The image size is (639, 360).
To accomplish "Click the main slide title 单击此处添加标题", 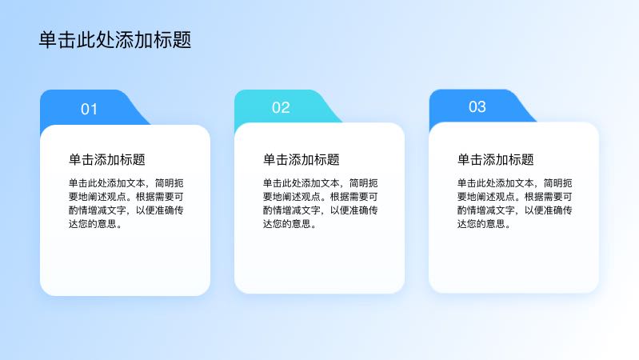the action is point(115,40).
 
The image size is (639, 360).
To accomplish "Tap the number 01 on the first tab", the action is point(90,110).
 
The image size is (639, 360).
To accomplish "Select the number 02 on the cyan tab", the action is point(282,108).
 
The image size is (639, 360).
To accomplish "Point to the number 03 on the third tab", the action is point(477,107).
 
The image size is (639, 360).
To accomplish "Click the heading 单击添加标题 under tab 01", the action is point(107,159).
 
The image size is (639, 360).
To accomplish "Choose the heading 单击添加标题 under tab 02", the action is point(302,159).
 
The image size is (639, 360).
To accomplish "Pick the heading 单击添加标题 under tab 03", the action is point(496,159).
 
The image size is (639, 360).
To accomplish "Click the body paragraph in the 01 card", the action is point(126,203).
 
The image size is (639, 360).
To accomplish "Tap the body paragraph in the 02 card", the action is point(321,203).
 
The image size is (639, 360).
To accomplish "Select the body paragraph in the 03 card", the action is point(515,203).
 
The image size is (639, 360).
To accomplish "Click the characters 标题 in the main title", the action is point(173,40).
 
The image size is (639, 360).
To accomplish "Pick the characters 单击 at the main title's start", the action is point(58,40).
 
